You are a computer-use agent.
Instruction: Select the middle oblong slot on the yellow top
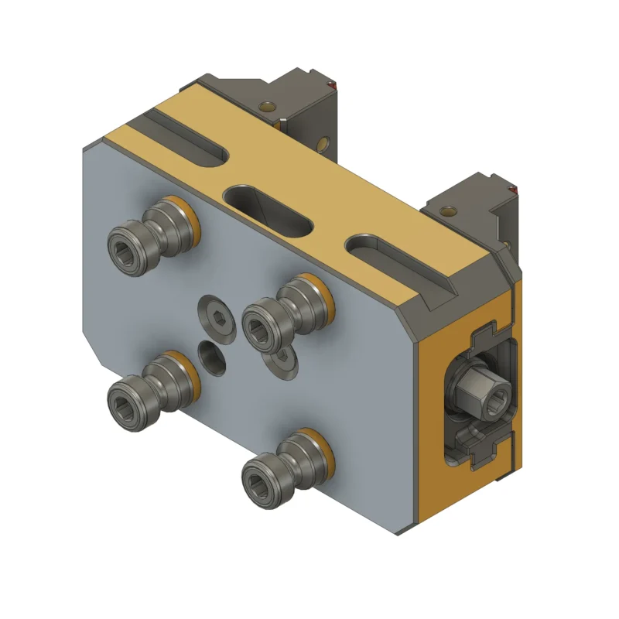pos(267,210)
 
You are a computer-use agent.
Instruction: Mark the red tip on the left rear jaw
pos(333,84)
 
